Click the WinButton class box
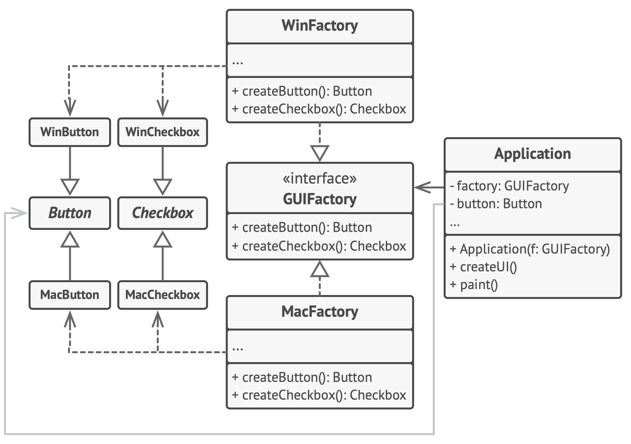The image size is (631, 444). (70, 132)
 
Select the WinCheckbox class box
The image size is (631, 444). (163, 132)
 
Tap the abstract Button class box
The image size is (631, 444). (70, 213)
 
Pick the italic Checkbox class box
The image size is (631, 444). (163, 213)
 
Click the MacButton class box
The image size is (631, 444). (70, 295)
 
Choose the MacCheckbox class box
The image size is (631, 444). (163, 295)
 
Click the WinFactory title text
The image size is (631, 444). (320, 26)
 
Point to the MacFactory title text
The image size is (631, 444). (320, 312)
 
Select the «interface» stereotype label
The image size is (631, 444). (320, 179)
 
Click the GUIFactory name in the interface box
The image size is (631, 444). (320, 199)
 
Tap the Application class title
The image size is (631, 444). (532, 154)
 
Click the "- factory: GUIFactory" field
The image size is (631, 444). (509, 186)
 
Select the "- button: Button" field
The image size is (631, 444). (496, 204)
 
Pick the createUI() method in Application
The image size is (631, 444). (483, 267)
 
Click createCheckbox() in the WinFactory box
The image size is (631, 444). (319, 109)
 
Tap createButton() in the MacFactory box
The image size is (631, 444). (302, 378)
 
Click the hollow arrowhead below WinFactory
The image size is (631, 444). (320, 153)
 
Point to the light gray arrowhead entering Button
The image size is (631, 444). (19, 213)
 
